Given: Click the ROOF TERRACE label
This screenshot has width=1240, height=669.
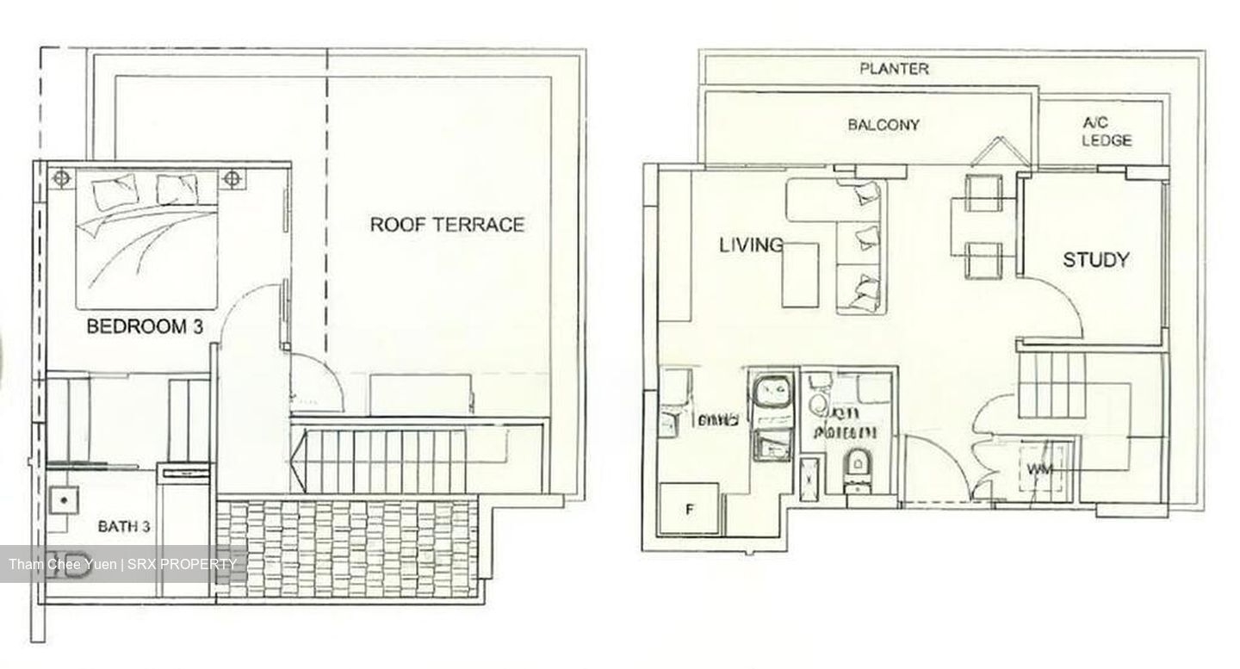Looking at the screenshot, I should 447,225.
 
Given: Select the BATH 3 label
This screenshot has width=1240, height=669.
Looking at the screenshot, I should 125,526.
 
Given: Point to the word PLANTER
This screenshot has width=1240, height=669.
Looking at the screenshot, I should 894,69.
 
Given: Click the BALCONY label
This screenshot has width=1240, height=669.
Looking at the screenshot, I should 883,125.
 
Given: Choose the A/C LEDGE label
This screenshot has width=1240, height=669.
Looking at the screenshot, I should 1106,132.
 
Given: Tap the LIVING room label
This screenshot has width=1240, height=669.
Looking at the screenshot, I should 751,245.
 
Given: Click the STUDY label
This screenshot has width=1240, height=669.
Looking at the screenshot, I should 1095,260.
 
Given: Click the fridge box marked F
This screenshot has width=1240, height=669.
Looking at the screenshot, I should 688,508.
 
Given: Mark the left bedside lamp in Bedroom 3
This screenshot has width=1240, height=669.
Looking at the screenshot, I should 61,179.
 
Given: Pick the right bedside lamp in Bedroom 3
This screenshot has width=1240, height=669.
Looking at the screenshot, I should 232,179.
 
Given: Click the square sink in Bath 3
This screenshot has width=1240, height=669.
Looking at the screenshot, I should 63,499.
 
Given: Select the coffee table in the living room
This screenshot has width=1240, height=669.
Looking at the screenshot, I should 800,274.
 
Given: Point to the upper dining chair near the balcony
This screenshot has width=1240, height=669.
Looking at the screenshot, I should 983,192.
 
